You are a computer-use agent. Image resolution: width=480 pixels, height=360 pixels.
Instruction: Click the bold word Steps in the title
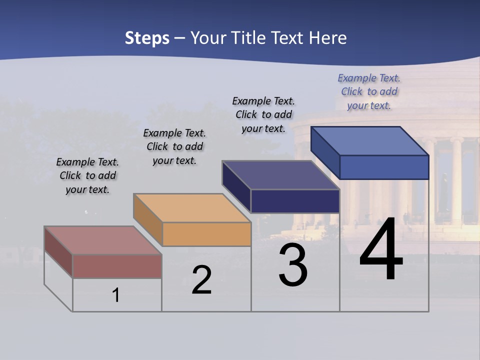[147, 38]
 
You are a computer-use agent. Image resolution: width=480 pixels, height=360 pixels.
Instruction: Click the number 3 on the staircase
[293, 265]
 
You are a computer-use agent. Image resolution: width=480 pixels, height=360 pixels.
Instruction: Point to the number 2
[201, 280]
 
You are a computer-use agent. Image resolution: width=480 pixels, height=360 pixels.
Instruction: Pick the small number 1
[116, 295]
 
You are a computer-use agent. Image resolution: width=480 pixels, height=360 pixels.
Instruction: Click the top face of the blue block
[370, 141]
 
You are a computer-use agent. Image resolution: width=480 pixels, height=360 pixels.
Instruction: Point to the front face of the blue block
[384, 167]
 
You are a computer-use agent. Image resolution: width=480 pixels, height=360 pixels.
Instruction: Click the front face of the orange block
[206, 234]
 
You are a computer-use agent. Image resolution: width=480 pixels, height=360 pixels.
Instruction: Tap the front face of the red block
[117, 266]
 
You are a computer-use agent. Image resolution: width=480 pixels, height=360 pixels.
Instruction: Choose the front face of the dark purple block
[295, 201]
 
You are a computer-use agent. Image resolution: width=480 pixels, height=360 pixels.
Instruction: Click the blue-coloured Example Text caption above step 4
[369, 91]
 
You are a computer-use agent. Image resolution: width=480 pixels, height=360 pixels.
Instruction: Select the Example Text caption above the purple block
[263, 114]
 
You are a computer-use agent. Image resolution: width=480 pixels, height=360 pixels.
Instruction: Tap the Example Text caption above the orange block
[174, 146]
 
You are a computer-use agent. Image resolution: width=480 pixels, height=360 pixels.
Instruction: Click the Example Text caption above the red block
[87, 175]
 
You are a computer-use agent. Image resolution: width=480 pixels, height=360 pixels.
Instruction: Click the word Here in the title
[327, 38]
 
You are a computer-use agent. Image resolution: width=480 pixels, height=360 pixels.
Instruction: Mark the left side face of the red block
[58, 252]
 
